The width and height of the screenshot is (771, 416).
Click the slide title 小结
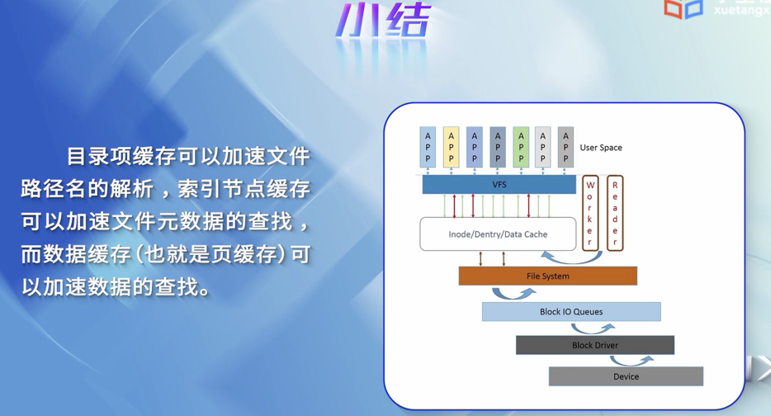(x=383, y=22)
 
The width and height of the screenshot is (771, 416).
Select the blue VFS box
(x=499, y=185)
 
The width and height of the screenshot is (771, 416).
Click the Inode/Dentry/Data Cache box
(x=498, y=234)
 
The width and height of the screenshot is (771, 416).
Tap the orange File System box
(x=547, y=276)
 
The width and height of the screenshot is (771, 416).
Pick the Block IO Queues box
(x=571, y=312)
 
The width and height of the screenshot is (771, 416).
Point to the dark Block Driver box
(x=594, y=345)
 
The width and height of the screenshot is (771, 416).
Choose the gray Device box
(x=626, y=376)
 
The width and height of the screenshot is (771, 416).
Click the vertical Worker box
(x=590, y=213)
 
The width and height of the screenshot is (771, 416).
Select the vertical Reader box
(x=615, y=213)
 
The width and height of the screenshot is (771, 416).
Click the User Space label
(x=601, y=148)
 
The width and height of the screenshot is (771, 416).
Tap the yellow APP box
(x=451, y=148)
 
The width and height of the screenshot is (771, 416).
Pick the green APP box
(x=520, y=148)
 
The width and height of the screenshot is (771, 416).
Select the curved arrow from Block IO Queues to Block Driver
(x=593, y=329)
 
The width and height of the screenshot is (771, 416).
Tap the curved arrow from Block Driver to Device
(x=632, y=361)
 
